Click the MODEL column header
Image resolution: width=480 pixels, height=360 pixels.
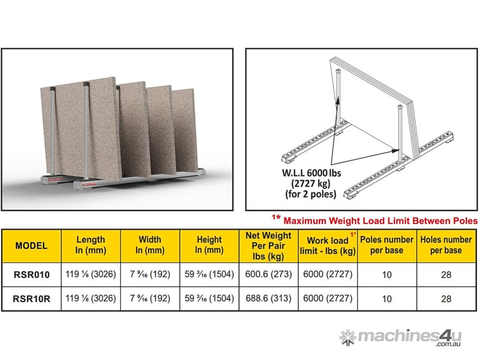coord(31,246)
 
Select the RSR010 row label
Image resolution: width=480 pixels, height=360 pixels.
coord(31,275)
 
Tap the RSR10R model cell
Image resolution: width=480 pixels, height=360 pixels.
coord(31,299)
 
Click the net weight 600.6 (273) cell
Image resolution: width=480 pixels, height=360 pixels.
coord(269,274)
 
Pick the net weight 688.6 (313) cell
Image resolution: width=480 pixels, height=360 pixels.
coord(269,298)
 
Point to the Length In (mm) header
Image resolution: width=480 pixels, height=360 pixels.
coord(90,245)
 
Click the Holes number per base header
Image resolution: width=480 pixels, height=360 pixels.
coord(446,245)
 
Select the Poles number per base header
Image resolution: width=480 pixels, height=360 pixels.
coord(387,245)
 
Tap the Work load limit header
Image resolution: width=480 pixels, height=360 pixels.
coord(328,246)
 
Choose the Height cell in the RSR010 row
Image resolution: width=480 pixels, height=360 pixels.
coord(210,274)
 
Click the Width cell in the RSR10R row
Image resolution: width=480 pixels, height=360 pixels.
coord(150,298)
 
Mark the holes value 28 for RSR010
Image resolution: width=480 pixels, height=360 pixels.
coord(446,275)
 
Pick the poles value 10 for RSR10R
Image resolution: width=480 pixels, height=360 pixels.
coord(387,299)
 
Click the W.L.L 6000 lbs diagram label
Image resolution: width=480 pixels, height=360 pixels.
coord(311,183)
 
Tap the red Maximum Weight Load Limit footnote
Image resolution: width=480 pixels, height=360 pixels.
coord(375,220)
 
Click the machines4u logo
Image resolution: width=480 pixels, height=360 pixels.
coord(400,337)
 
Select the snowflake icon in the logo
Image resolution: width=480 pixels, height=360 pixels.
coord(348,337)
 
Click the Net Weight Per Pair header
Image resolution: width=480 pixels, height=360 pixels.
coord(269,246)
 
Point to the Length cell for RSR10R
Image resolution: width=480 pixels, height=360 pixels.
coord(90,298)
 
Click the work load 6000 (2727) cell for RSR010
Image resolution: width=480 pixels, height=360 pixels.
coord(328,274)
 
